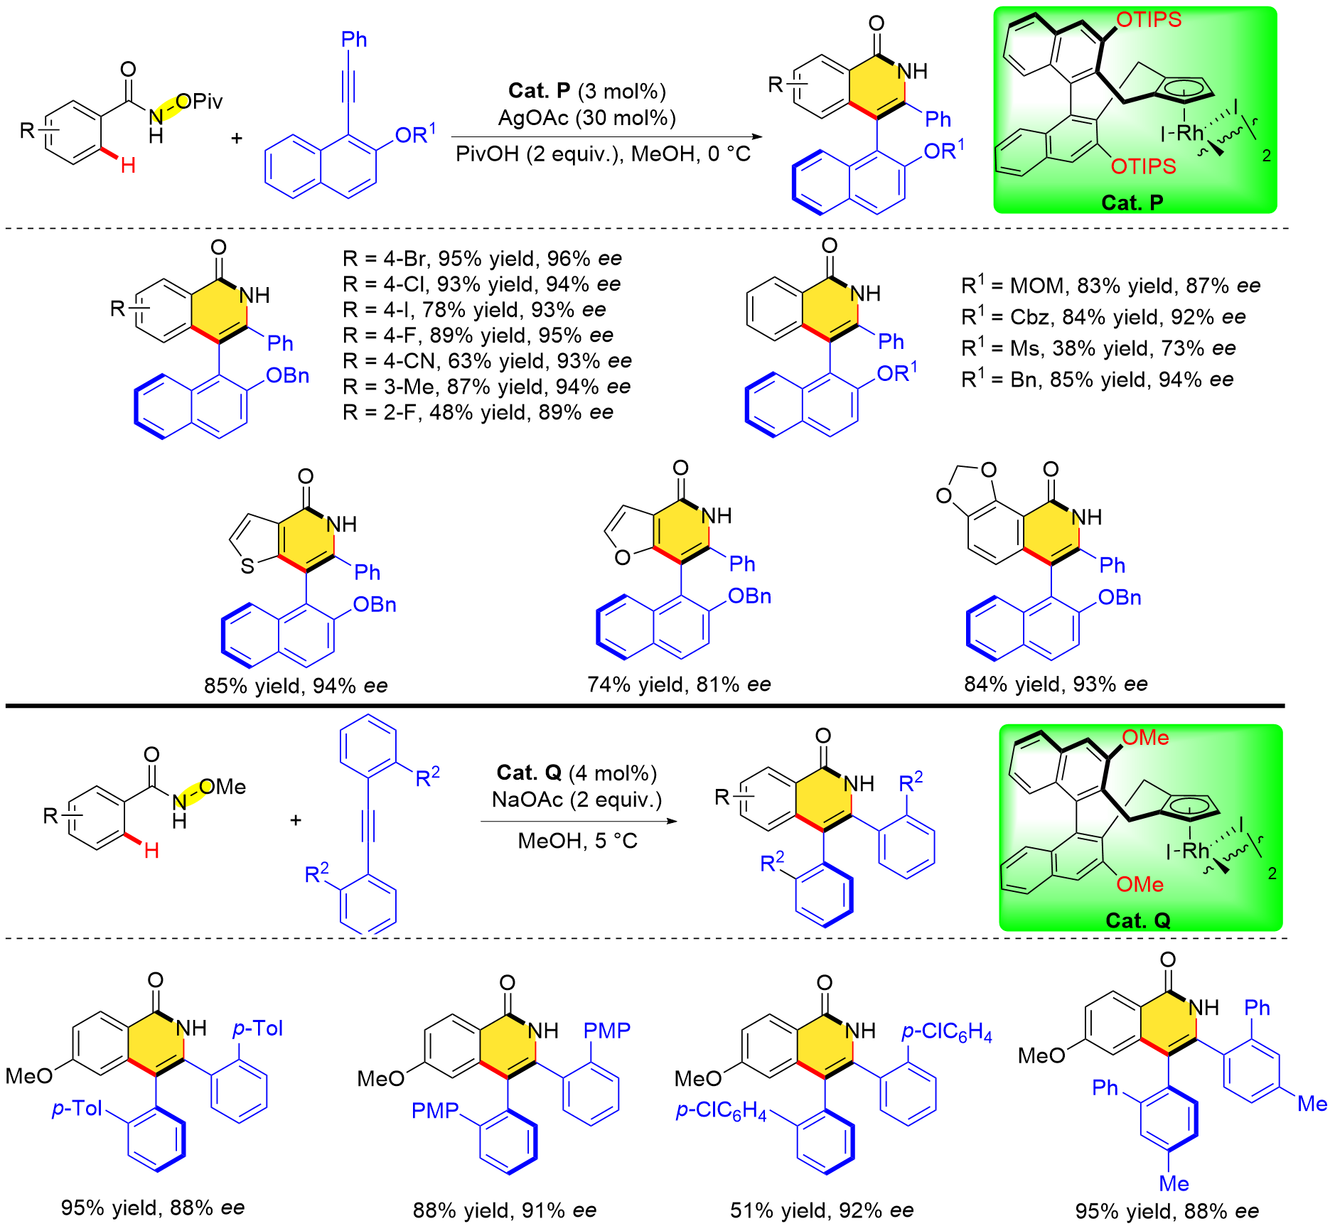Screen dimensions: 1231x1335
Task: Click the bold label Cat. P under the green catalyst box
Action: (1132, 203)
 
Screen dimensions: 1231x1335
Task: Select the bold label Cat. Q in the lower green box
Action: (1137, 920)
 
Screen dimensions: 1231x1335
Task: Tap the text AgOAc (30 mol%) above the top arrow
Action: (586, 117)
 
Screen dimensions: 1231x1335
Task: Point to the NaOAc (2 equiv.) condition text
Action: (577, 800)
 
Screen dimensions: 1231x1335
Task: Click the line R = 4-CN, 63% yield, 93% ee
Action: (487, 361)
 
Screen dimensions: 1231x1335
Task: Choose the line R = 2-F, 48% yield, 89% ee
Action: (478, 412)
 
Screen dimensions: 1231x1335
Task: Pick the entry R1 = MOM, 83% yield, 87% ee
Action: (1110, 286)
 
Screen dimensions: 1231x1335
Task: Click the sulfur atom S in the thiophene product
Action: (247, 566)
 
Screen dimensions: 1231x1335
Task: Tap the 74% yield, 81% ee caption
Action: (679, 684)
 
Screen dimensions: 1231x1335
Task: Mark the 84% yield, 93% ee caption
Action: (1056, 684)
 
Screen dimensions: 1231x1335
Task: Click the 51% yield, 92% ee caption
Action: (822, 1210)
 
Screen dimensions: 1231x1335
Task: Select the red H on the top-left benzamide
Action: (128, 166)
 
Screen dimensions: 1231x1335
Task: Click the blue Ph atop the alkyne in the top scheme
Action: (354, 39)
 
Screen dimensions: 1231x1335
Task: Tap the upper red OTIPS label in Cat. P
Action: (1149, 20)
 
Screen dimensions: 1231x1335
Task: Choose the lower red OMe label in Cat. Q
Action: (1140, 884)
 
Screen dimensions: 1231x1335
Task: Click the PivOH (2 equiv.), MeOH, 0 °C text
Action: (603, 154)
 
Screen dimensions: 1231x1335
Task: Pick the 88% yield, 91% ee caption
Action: (505, 1210)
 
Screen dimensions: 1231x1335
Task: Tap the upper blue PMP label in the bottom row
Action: (606, 1030)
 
